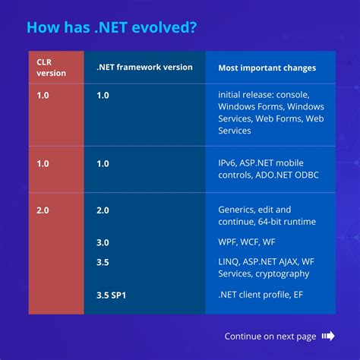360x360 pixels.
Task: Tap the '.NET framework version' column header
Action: (x=144, y=68)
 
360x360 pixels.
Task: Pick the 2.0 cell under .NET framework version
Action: (x=103, y=209)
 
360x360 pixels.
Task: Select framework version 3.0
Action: (x=103, y=242)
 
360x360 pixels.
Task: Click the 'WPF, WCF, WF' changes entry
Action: (x=248, y=242)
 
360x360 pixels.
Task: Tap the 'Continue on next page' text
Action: (x=270, y=336)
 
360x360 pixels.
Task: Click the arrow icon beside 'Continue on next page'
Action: (x=328, y=336)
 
